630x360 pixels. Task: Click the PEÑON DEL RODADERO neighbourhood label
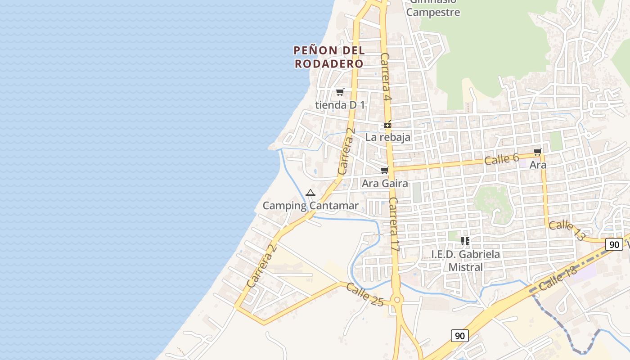(x=329, y=57)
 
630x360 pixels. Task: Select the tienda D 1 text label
(x=340, y=105)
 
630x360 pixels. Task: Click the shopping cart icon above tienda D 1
(x=340, y=92)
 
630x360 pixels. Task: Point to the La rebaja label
(x=387, y=137)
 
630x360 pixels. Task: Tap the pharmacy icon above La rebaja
(x=387, y=125)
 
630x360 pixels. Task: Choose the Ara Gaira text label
(x=385, y=183)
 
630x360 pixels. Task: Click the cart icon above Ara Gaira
(x=384, y=170)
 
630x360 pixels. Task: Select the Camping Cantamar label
(x=310, y=206)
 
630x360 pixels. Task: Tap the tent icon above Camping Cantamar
(x=310, y=193)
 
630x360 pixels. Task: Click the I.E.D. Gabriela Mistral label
(x=465, y=261)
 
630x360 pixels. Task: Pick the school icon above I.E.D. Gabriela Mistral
(x=465, y=241)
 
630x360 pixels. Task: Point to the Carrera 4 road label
(x=386, y=76)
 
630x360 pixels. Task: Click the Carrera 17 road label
(x=394, y=224)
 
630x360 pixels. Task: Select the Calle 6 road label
(x=502, y=159)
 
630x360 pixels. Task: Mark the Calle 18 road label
(x=557, y=279)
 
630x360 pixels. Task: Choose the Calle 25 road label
(x=365, y=295)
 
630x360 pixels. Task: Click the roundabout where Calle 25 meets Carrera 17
(x=396, y=300)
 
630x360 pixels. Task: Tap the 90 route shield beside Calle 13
(x=614, y=244)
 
